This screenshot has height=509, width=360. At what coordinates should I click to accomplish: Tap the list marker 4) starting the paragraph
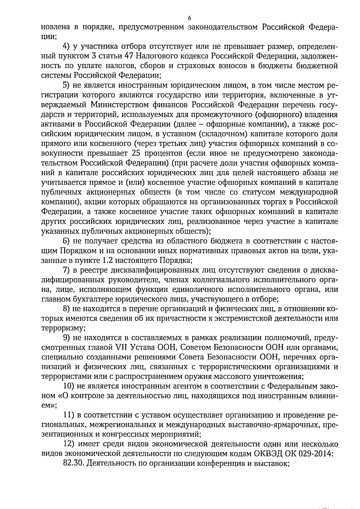coord(67,46)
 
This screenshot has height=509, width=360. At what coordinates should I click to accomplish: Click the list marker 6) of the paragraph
coord(67,241)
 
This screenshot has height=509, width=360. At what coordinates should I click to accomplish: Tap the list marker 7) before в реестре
coord(67,270)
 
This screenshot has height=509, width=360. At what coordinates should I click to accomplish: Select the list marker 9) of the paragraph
coord(67,338)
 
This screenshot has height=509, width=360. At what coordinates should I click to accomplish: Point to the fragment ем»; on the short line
coord(49,406)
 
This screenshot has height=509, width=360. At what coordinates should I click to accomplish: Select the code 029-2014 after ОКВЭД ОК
coord(316,454)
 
